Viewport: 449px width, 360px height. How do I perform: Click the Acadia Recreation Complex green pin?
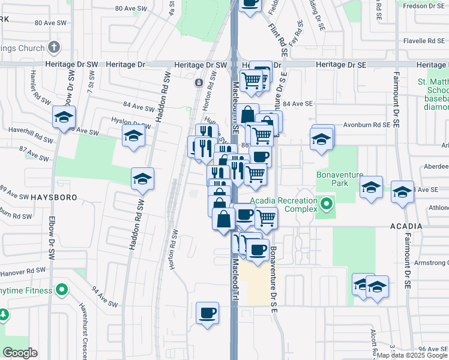point(327,205)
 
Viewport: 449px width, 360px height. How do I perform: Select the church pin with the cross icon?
point(53,47)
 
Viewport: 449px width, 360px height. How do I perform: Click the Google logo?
point(20,353)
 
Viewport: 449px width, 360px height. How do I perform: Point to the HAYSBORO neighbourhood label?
point(22,197)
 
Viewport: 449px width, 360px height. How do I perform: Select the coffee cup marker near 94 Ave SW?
point(207,313)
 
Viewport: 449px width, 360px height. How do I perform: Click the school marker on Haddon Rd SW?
point(142,178)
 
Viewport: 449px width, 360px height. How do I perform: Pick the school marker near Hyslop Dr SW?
point(133,136)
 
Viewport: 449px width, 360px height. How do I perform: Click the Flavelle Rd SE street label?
point(423,41)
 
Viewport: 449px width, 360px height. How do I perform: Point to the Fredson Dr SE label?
point(424,6)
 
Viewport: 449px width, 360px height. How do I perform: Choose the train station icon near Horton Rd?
point(199,83)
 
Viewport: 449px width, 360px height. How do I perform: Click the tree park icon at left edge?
point(4,314)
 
